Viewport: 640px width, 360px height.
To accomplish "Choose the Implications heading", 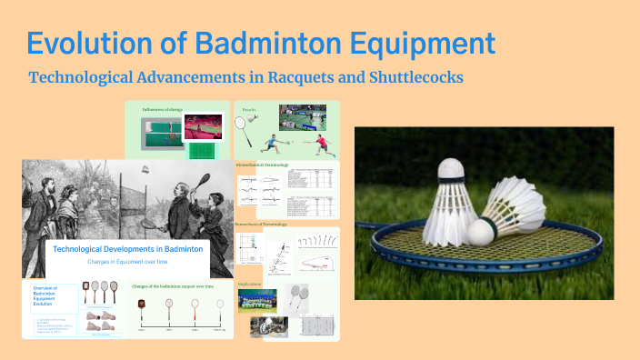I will pos(250,284).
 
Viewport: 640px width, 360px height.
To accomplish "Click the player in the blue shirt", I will pos(274,144).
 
